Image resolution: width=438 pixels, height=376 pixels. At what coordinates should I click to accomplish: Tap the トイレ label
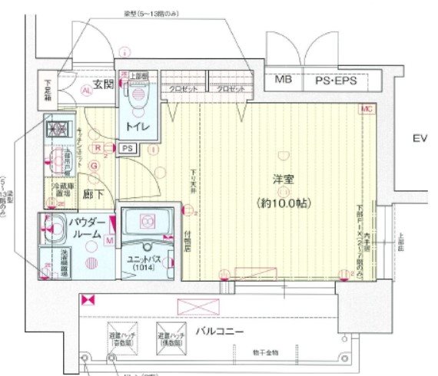138,127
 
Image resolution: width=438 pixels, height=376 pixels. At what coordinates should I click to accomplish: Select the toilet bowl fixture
138,95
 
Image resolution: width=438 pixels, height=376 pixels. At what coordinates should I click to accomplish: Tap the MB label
284,79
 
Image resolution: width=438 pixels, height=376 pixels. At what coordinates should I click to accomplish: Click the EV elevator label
419,139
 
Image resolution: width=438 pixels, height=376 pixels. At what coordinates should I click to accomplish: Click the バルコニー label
220,331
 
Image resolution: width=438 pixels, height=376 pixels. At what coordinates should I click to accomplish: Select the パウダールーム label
86,230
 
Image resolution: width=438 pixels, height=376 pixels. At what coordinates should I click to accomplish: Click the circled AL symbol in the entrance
86,90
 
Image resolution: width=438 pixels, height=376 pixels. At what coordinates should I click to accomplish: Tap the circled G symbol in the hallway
94,165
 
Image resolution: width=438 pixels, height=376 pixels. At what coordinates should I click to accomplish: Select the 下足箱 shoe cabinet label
48,90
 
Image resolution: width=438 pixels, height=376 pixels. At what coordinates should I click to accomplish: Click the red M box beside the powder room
111,240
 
